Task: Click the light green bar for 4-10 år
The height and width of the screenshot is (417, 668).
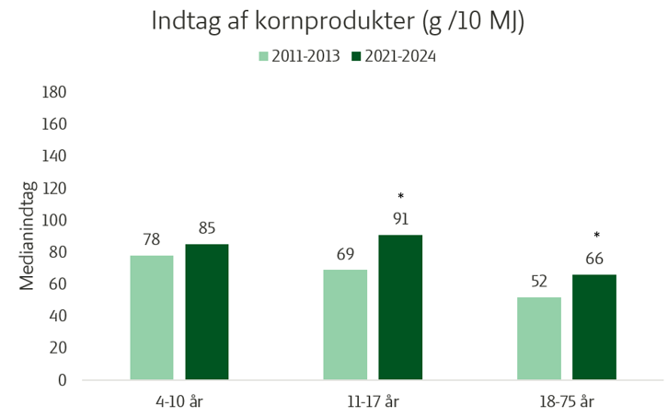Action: click(x=152, y=317)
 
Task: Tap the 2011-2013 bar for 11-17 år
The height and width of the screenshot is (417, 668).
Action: click(x=345, y=324)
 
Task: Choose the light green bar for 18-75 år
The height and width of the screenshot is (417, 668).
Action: click(x=538, y=338)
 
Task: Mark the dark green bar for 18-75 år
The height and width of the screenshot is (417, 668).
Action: click(x=594, y=327)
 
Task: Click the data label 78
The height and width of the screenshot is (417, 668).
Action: click(x=152, y=240)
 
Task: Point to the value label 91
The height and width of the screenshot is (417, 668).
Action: click(x=400, y=219)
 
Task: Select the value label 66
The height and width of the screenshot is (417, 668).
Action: click(x=594, y=259)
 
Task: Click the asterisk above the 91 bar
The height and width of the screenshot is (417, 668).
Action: click(x=400, y=197)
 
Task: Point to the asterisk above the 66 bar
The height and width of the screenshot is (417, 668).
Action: click(x=596, y=237)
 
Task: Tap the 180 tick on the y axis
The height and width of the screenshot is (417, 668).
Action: click(x=55, y=92)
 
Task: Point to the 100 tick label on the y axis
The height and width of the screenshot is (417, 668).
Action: click(x=55, y=220)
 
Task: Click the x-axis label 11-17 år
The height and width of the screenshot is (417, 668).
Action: click(x=373, y=400)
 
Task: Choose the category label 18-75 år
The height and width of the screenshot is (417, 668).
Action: click(x=566, y=400)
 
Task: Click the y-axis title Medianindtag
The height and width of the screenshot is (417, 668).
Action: click(x=28, y=236)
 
